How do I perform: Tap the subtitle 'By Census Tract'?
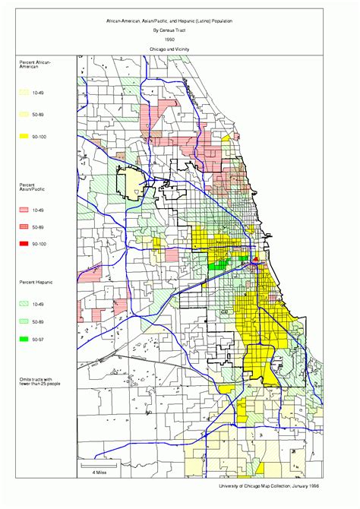coord(180,31)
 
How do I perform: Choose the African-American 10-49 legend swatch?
coord(24,91)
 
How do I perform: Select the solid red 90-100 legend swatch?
coord(24,244)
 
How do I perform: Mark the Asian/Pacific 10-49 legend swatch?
coord(24,208)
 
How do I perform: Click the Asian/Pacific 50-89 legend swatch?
coord(24,226)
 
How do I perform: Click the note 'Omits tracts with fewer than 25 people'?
coord(36,381)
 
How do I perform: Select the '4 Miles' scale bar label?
coord(99,473)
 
